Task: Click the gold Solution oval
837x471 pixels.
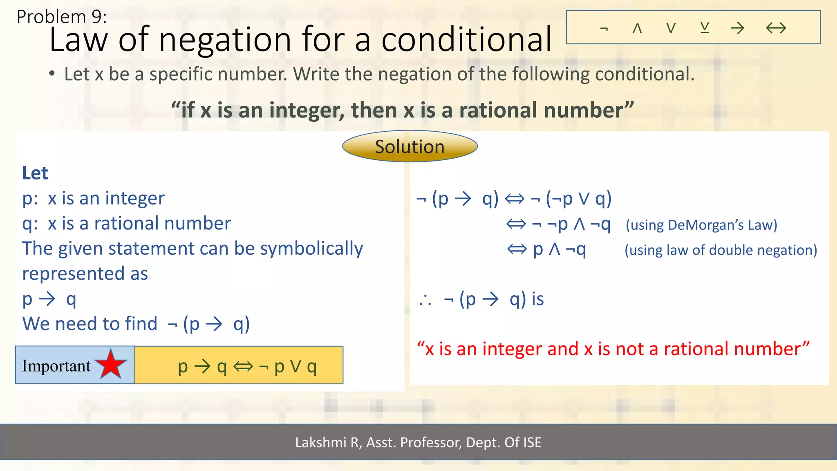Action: pos(410,146)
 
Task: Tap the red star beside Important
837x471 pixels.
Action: pos(111,364)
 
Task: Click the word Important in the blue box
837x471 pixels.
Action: pos(56,366)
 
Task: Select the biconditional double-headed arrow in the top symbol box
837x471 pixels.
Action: pos(776,28)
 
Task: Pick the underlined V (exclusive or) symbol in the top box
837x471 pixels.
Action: pos(705,28)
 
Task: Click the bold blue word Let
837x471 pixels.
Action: pos(35,173)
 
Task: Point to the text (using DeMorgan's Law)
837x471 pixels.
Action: pos(701,225)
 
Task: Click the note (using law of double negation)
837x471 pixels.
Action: pos(721,250)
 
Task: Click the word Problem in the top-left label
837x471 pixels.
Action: pos(51,17)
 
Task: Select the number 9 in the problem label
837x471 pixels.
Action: pos(96,17)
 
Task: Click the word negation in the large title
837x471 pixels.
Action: pos(225,40)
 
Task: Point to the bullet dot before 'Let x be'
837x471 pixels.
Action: pos(51,74)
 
